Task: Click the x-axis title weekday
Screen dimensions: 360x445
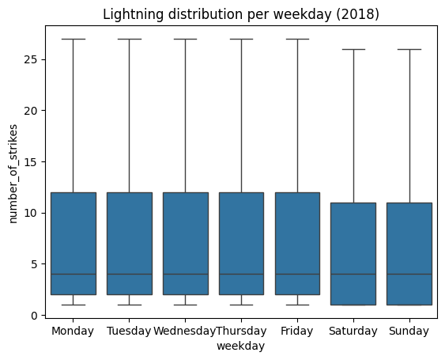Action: pyautogui.click(x=241, y=346)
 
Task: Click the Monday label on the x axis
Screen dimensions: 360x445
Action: pyautogui.click(x=74, y=331)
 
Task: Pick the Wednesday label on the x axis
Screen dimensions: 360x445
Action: pyautogui.click(x=185, y=331)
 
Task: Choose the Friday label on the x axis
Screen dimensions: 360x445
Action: pyautogui.click(x=297, y=331)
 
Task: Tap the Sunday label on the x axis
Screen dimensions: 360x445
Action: pyautogui.click(x=409, y=331)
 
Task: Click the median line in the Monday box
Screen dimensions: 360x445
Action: pyautogui.click(x=74, y=275)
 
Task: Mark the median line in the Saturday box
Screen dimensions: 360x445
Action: pyautogui.click(x=353, y=275)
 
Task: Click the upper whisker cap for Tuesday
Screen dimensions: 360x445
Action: pyautogui.click(x=130, y=39)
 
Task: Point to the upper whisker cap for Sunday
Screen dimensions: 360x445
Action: pyautogui.click(x=409, y=49)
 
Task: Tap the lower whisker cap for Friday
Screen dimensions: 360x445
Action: pyautogui.click(x=297, y=305)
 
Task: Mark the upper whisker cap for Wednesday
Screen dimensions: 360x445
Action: pyautogui.click(x=185, y=39)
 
